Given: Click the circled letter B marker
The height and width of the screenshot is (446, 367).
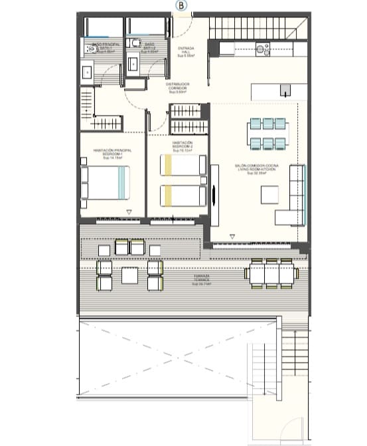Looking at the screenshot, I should click(183, 5).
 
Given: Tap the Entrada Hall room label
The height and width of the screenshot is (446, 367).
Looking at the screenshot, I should click(186, 52).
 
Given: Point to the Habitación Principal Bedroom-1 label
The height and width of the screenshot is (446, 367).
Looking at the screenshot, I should click(113, 154).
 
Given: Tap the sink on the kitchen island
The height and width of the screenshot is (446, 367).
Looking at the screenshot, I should click(285, 90).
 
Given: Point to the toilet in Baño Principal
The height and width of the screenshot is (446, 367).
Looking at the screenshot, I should click(90, 49).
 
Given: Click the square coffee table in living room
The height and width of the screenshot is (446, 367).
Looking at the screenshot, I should click(270, 195).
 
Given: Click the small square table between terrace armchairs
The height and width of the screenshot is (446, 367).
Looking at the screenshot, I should click(129, 274).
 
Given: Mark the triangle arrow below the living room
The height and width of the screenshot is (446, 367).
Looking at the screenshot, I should click(232, 236).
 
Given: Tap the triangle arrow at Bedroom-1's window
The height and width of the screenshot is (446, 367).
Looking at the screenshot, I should click(129, 211).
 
